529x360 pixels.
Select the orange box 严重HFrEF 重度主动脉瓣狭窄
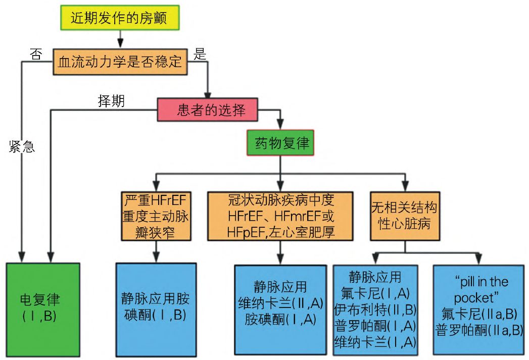(x=156, y=215)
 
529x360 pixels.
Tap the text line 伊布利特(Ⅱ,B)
(x=375, y=308)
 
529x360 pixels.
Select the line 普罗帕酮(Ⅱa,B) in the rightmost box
(x=478, y=330)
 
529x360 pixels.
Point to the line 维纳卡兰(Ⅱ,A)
(x=281, y=302)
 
